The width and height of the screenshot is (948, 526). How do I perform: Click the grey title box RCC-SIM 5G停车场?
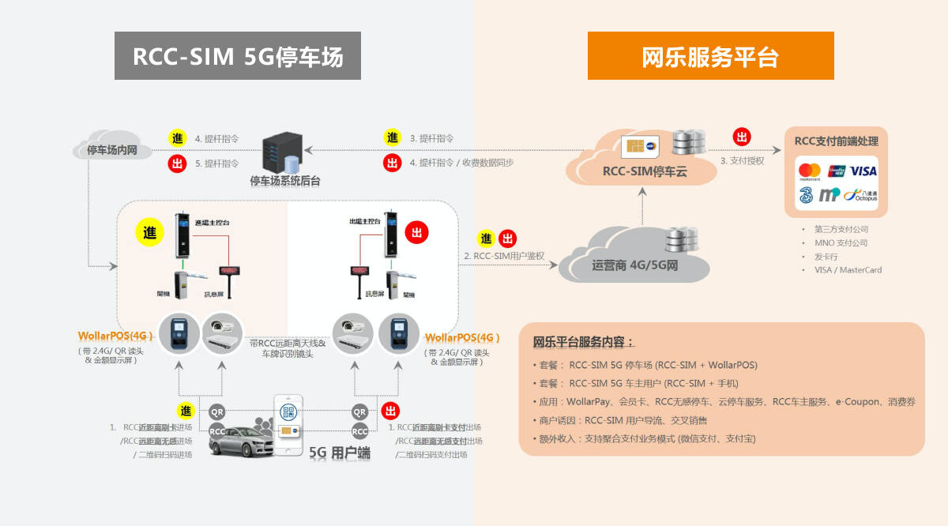tap(238, 56)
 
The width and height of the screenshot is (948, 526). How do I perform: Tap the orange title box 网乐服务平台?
tap(710, 56)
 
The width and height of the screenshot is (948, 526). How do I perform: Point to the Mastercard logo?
tap(810, 171)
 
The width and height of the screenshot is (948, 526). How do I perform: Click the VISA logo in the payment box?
tap(863, 171)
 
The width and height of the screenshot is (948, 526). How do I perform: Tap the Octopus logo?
tap(860, 195)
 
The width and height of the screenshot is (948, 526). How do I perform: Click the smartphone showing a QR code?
tap(289, 426)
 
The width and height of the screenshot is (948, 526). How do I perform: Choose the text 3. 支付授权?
tap(743, 160)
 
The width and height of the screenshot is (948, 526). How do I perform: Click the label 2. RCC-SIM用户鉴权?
tap(506, 256)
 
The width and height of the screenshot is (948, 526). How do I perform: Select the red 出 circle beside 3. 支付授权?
tap(742, 137)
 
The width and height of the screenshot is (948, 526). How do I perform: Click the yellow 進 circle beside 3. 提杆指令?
tap(393, 137)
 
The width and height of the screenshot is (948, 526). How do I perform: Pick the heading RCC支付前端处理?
tap(836, 141)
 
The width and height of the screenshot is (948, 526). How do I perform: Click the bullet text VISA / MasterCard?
tap(848, 269)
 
